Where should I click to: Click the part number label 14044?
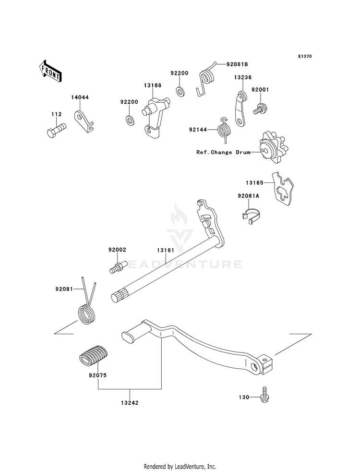point(80,97)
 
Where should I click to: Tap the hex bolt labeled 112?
point(57,130)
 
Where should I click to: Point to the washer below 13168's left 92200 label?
point(130,120)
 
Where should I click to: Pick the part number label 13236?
point(243,77)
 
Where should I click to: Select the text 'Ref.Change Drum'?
point(223,152)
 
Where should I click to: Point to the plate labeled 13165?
point(283,189)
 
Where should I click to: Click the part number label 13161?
point(165,250)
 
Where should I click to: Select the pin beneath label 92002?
point(118,267)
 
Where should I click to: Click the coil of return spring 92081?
point(87,314)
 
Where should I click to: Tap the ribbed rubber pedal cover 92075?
point(94,355)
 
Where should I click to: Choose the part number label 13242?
point(130,403)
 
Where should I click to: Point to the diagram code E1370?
point(305,56)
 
